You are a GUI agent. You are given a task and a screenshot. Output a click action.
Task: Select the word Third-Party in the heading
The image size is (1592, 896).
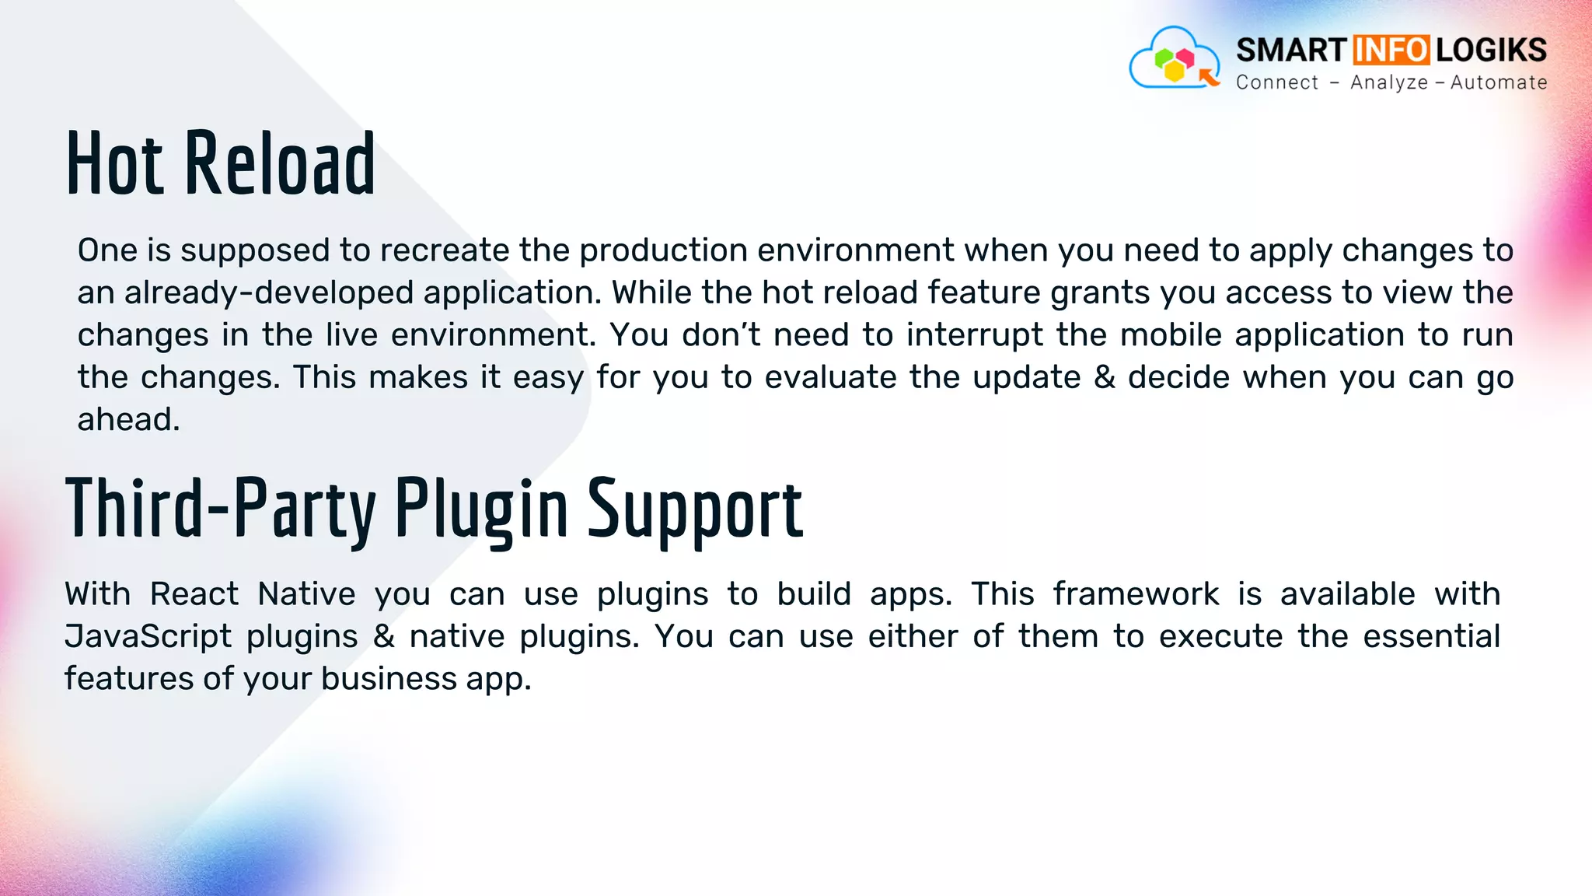click(x=220, y=509)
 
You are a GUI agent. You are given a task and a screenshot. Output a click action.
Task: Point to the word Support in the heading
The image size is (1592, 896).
click(x=694, y=510)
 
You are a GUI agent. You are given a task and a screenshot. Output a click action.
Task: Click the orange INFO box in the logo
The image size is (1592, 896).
click(x=1391, y=50)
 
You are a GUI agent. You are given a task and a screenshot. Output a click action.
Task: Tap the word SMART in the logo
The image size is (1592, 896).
click(x=1290, y=50)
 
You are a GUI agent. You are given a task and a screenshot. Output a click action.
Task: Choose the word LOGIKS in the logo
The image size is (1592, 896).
click(x=1491, y=50)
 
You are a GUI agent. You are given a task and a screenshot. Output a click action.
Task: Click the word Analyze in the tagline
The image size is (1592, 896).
click(x=1389, y=82)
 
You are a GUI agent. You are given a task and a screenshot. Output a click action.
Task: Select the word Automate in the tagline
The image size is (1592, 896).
click(x=1499, y=82)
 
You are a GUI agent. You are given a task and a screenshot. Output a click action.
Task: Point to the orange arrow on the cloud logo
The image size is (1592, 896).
click(x=1209, y=76)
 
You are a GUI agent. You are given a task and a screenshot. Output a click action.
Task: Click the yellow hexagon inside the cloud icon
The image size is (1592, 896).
click(x=1174, y=72)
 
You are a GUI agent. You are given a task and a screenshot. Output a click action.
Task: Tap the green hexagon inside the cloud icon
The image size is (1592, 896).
click(x=1164, y=58)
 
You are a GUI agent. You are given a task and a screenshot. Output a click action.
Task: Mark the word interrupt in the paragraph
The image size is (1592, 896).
click(x=975, y=335)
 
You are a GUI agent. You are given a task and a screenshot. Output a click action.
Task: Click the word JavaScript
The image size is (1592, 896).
click(x=148, y=636)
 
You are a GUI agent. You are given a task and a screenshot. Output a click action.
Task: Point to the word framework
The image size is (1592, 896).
click(x=1136, y=594)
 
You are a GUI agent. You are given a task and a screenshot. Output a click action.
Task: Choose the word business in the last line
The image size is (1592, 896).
click(x=388, y=679)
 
